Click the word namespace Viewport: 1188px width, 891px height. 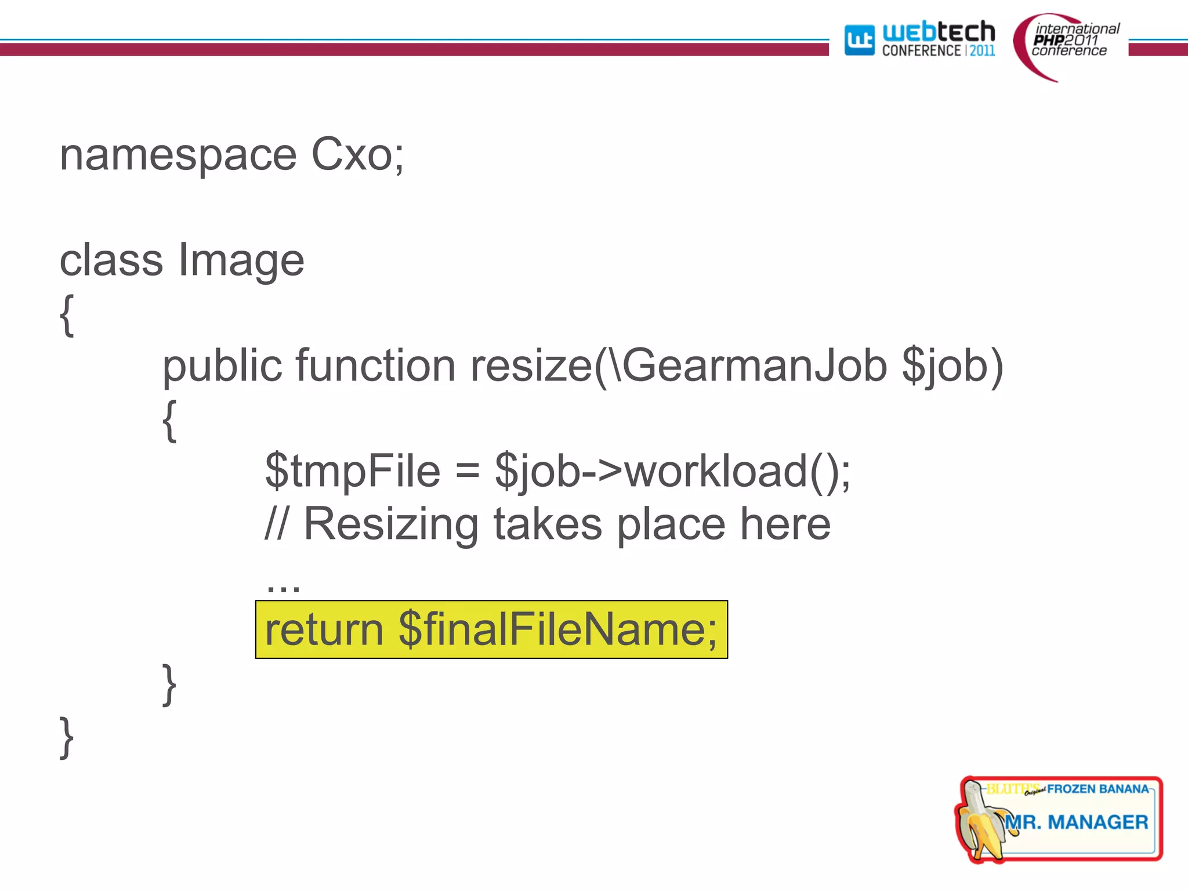pos(178,155)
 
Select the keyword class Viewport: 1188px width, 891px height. pos(111,260)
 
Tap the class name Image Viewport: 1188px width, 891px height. pos(241,261)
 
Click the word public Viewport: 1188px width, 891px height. pos(222,366)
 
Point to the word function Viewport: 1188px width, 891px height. pos(375,366)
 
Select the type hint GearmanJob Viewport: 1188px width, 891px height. pos(754,366)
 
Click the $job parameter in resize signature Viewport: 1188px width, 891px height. pos(946,367)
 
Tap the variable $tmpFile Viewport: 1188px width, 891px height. pos(352,470)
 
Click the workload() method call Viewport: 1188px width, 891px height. pos(737,470)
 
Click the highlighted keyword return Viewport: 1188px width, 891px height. pos(324,630)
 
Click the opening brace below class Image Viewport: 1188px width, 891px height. pos(67,314)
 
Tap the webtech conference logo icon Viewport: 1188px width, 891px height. pos(859,40)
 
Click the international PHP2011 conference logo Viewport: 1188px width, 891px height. pos(1068,44)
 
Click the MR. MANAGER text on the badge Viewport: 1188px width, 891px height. pos(1076,822)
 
